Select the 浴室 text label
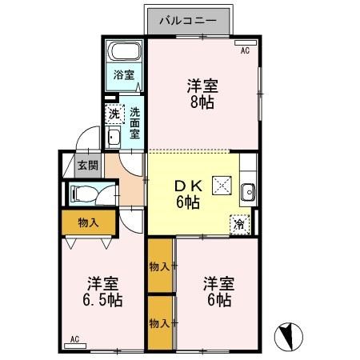coord(123,77)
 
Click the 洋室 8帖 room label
coord(203,93)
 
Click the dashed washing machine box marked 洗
coord(114,114)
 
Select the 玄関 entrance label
coord(88,166)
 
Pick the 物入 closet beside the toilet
coord(88,222)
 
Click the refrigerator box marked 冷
coord(239,224)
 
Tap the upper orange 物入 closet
coord(160,266)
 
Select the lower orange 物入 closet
coord(160,322)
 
